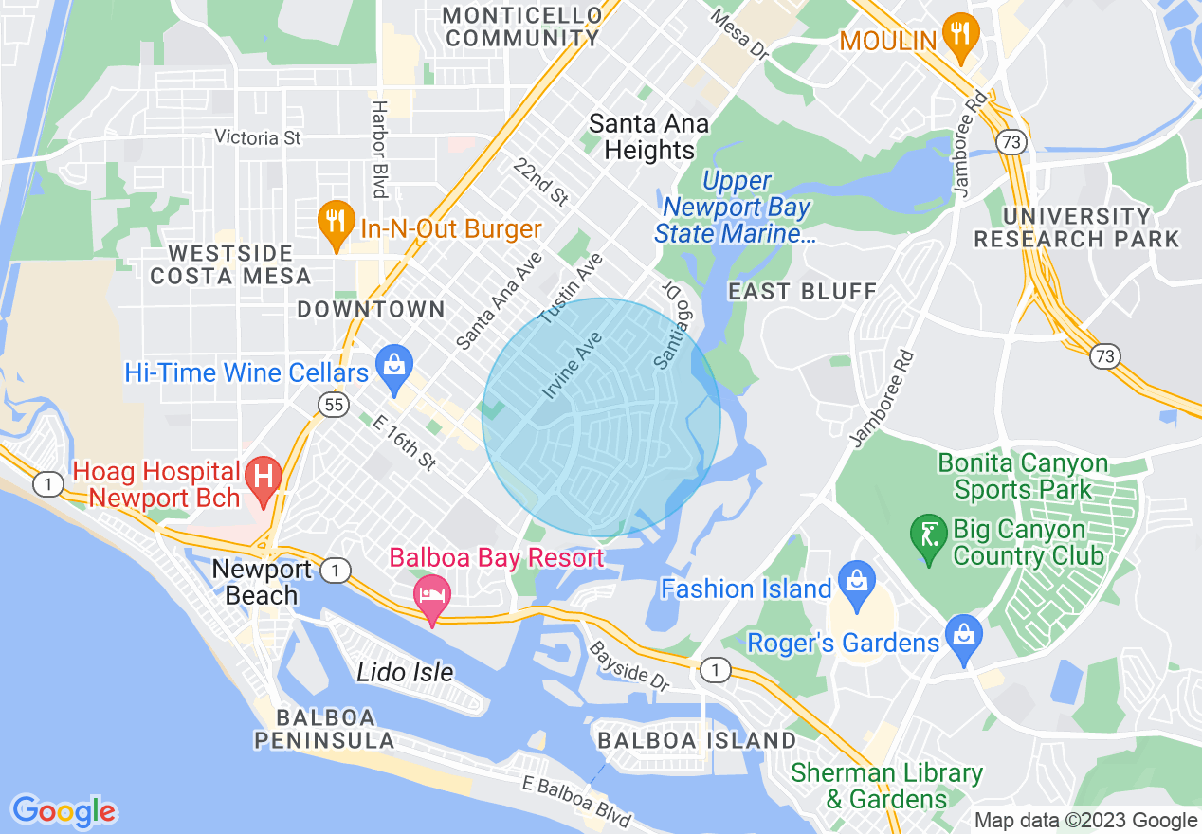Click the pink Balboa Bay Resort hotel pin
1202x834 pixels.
point(433,595)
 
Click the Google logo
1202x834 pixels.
point(64,811)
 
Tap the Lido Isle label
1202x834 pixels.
point(405,673)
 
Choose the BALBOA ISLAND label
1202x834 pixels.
point(697,740)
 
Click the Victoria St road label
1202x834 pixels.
point(258,137)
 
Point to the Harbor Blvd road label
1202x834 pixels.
point(380,150)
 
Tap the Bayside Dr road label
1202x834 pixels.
point(629,664)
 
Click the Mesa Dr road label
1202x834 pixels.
point(738,33)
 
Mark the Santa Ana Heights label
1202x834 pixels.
point(648,136)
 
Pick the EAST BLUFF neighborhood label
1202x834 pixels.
point(802,291)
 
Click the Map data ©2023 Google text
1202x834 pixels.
point(1086,821)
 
